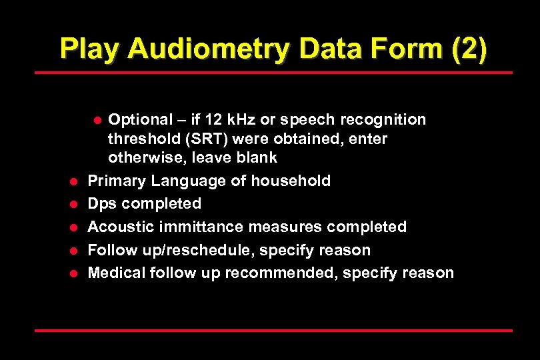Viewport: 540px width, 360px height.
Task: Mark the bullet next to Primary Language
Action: (x=75, y=181)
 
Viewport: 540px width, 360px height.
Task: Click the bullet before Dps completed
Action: (x=75, y=204)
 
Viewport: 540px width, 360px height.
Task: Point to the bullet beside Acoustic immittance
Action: (x=75, y=227)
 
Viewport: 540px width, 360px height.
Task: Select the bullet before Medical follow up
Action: (x=75, y=273)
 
